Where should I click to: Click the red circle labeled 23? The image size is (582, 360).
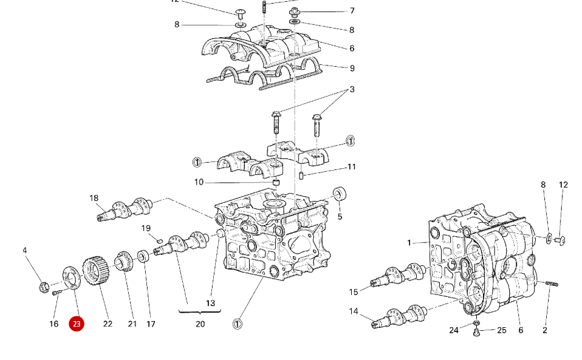(x=76, y=324)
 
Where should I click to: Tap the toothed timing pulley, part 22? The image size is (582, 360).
(x=94, y=273)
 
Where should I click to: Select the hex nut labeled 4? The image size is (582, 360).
(x=43, y=285)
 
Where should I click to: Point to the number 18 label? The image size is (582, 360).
(x=94, y=198)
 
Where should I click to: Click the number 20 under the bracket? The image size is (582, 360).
(x=200, y=324)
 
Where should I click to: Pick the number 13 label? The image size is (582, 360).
(x=210, y=303)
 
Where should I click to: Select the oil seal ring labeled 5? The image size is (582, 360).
(x=341, y=195)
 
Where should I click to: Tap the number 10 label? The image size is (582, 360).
(x=199, y=182)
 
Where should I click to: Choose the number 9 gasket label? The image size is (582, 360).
(x=352, y=68)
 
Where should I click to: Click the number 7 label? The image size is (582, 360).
(x=352, y=10)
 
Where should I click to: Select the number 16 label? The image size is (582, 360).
(x=54, y=324)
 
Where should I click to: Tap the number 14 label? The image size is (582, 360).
(x=354, y=311)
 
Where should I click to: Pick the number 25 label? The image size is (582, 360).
(x=501, y=330)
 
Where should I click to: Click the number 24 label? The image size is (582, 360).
(x=454, y=330)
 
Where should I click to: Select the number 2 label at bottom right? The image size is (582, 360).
(x=544, y=330)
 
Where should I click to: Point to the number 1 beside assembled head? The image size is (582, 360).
(x=409, y=243)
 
